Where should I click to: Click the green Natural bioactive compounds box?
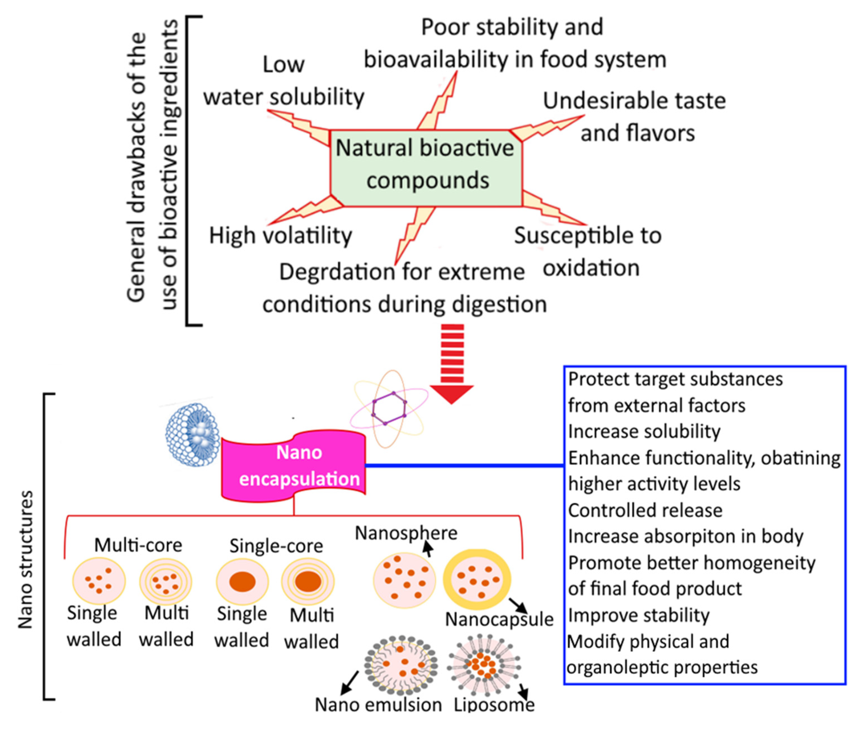426,168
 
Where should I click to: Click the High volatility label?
280,235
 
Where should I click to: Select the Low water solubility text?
284,81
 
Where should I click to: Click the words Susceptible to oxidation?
588,251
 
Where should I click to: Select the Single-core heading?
276,546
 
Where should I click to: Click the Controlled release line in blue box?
645,510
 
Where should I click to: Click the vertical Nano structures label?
26,560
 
